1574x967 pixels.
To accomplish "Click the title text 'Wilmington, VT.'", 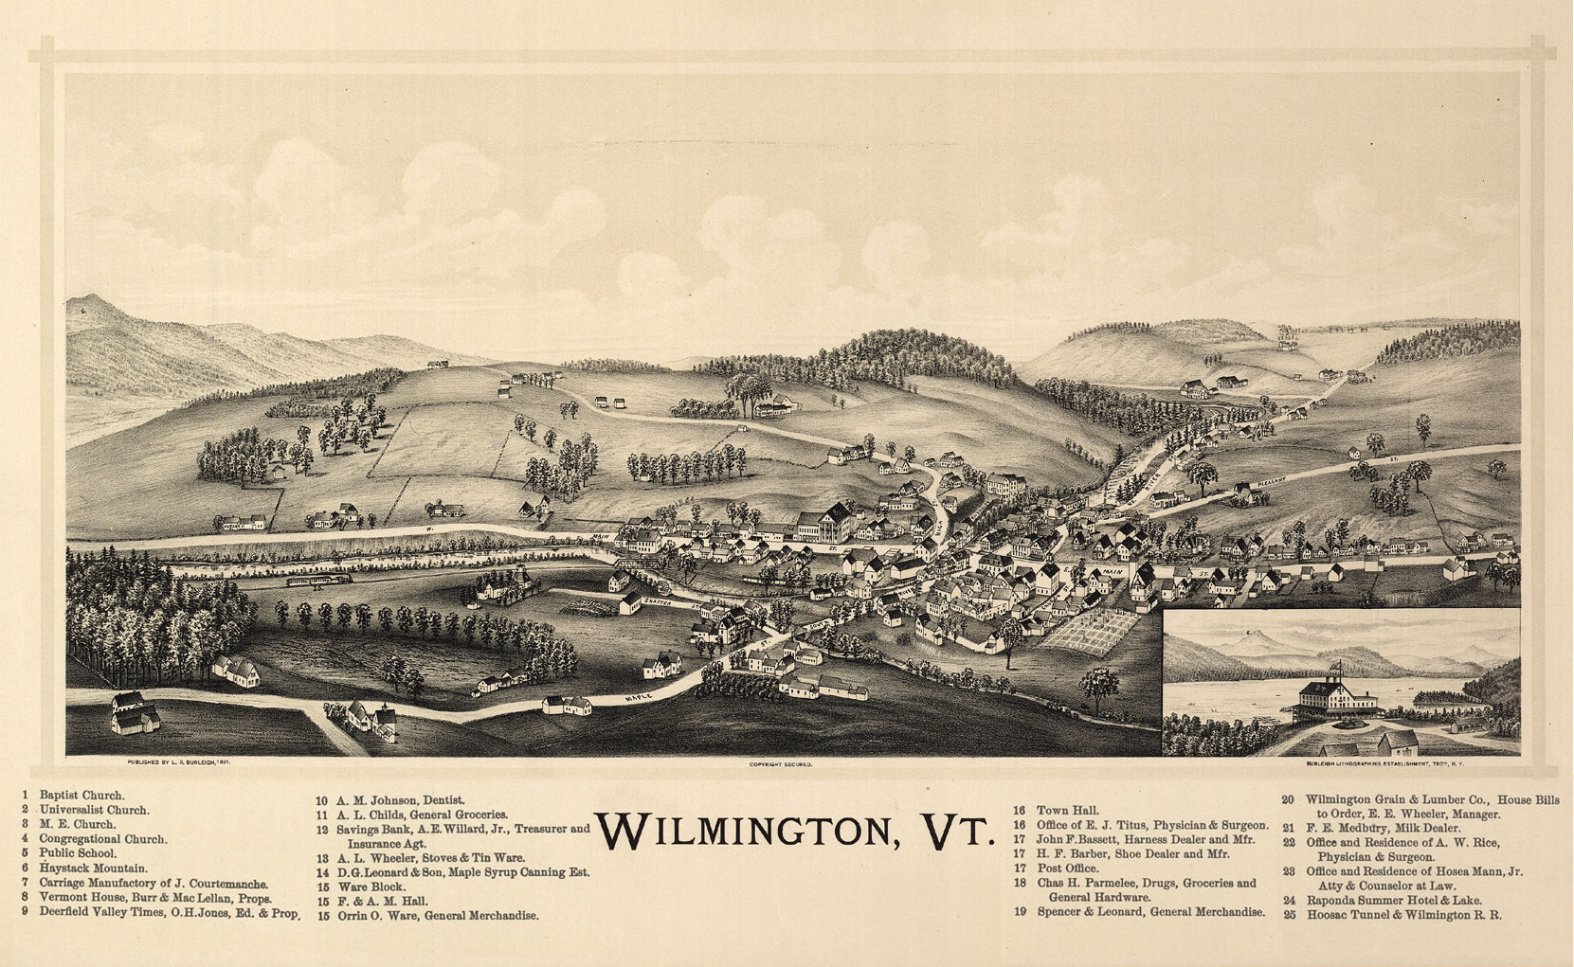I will pos(795,832).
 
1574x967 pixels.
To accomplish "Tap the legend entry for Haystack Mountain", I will pos(93,868).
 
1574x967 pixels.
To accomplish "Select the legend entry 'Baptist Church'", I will pos(81,796).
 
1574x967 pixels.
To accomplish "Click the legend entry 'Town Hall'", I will pos(1067,811).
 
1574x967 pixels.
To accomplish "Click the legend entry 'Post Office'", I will pos(1067,869).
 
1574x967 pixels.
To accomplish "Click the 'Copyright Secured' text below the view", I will pos(781,762).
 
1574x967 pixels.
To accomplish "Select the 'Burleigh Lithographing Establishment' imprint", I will pos(1384,762).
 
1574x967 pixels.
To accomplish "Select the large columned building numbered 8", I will pos(823,524).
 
